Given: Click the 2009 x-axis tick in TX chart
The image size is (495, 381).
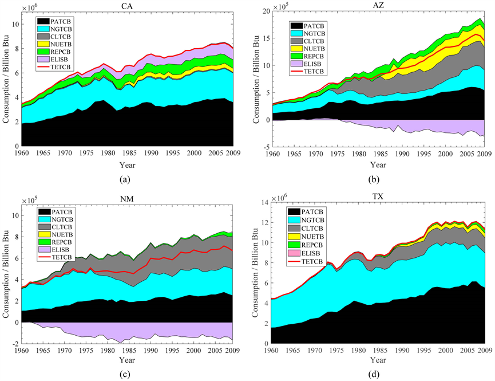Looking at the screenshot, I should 484,349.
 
